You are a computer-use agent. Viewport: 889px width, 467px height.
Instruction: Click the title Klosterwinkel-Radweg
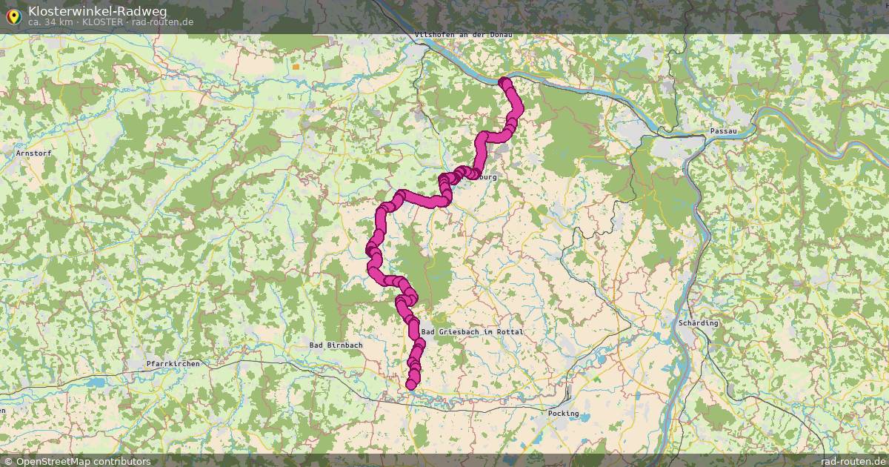coord(98,10)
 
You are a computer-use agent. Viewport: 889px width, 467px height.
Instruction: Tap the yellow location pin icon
coord(13,15)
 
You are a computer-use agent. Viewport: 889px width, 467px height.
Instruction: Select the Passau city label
coord(723,130)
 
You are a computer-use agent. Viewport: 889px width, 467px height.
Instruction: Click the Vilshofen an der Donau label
coord(464,34)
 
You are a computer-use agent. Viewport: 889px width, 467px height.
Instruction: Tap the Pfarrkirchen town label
coord(173,363)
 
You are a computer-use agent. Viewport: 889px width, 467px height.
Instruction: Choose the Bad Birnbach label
coord(336,345)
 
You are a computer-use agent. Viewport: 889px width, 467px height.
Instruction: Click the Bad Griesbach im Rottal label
coord(472,331)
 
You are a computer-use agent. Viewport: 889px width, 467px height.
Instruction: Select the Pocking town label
coord(563,413)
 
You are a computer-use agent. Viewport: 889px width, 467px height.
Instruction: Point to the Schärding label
coord(699,323)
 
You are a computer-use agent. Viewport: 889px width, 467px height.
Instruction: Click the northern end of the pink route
coord(505,82)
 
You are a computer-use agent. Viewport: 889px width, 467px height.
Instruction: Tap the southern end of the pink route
coord(411,384)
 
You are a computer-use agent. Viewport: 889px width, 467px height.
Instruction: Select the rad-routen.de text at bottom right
coord(854,461)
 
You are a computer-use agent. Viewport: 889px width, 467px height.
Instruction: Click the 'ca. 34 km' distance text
coord(52,21)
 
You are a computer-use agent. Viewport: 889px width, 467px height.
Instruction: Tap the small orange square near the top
coord(296,66)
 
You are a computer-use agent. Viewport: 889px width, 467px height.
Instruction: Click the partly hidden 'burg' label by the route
coord(487,178)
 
